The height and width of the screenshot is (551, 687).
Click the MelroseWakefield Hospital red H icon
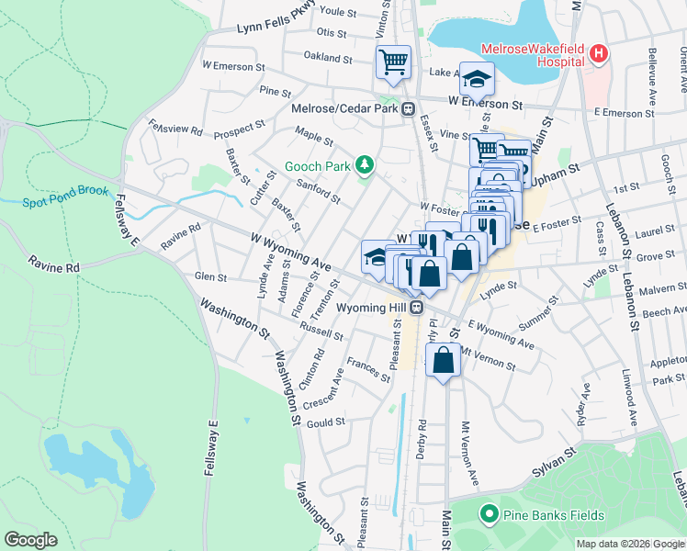[x=599, y=54]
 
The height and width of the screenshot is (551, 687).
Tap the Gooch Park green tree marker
[x=366, y=164]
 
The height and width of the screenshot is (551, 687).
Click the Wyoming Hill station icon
[x=416, y=308]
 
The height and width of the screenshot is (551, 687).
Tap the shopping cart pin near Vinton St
[x=393, y=62]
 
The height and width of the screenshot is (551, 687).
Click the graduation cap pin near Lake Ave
[x=477, y=79]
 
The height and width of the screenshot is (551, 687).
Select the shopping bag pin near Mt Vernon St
[x=444, y=361]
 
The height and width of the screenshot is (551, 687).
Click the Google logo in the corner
[x=31, y=540]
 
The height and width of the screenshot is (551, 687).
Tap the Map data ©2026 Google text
[x=630, y=544]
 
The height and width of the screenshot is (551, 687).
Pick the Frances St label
[x=367, y=371]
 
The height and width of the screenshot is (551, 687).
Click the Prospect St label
[x=241, y=126]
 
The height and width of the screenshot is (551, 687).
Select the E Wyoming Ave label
[x=501, y=334]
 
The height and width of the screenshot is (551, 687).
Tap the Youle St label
[x=336, y=12]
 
